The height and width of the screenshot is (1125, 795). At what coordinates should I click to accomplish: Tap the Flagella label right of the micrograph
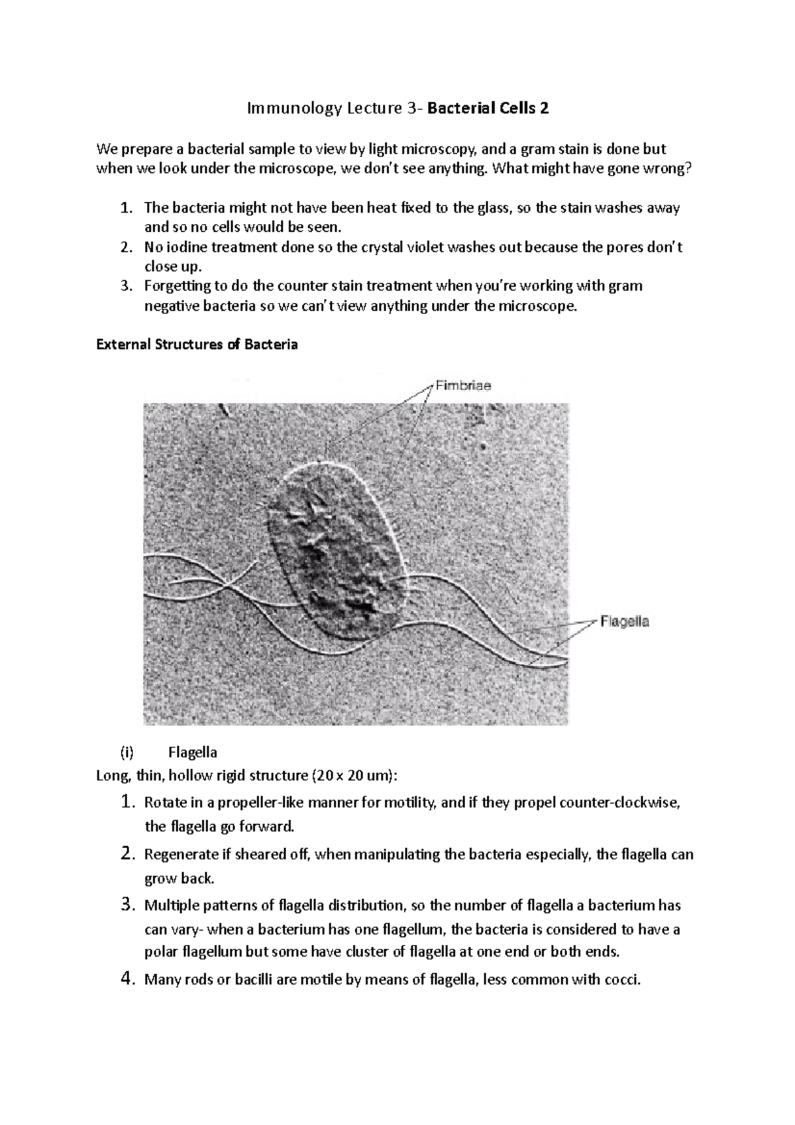point(624,621)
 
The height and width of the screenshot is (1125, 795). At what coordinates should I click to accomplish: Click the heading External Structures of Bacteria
point(197,345)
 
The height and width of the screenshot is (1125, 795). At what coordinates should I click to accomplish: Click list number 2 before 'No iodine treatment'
point(127,248)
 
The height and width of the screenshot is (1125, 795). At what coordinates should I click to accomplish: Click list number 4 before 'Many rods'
point(129,979)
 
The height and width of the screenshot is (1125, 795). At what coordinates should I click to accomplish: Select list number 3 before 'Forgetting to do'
point(127,286)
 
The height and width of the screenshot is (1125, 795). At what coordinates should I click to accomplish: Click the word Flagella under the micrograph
point(192,752)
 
